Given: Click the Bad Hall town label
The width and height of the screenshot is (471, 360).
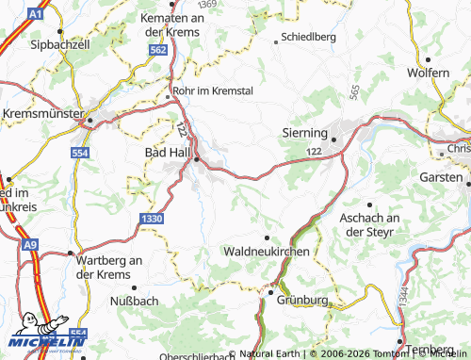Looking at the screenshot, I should tap(168, 151).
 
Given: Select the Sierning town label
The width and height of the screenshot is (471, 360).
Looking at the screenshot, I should tap(303, 134).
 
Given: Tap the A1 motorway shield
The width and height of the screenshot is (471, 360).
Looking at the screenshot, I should tap(36, 14).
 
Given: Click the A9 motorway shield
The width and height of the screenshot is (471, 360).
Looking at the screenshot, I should tap(32, 244).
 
